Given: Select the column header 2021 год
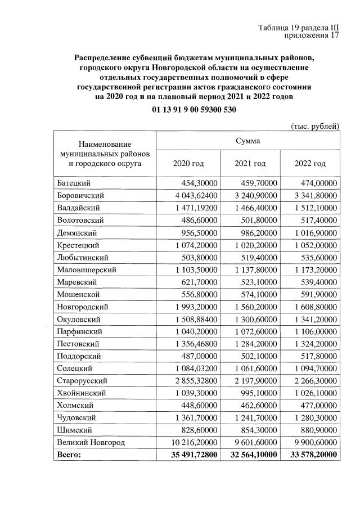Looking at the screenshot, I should pyautogui.click(x=250, y=163).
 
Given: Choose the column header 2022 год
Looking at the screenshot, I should pyautogui.click(x=310, y=163).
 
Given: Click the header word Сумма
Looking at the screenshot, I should pyautogui.click(x=247, y=140).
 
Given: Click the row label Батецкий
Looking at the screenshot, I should pyautogui.click(x=74, y=183).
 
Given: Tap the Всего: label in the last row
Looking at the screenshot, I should pyautogui.click(x=69, y=454).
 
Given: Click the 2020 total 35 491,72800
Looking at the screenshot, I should pyautogui.click(x=193, y=454).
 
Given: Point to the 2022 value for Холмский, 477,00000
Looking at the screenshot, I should pyautogui.click(x=318, y=405).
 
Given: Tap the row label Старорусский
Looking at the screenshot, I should pyautogui.click(x=82, y=380).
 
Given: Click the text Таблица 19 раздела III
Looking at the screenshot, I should pyautogui.click(x=299, y=28).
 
